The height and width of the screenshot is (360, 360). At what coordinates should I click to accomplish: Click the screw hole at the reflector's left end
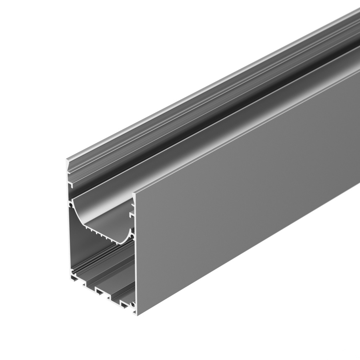(72, 204)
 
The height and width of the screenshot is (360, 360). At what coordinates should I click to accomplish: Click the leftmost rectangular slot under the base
(84, 285)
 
